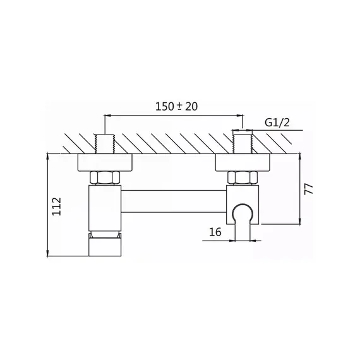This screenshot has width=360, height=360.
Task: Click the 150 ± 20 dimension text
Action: coord(176,107)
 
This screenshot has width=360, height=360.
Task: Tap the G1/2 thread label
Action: coord(277,123)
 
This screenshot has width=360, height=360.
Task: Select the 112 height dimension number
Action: coord(57,206)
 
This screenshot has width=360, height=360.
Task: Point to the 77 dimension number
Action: coord(309,189)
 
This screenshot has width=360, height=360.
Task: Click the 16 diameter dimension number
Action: coord(215,232)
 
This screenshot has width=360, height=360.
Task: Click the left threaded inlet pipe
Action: coord(104,144)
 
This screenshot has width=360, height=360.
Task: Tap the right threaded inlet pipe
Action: coord(243,144)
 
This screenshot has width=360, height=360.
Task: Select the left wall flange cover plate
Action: coord(105,162)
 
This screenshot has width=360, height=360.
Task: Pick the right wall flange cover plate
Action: coord(243,162)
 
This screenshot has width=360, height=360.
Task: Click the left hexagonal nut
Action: coord(105,178)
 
